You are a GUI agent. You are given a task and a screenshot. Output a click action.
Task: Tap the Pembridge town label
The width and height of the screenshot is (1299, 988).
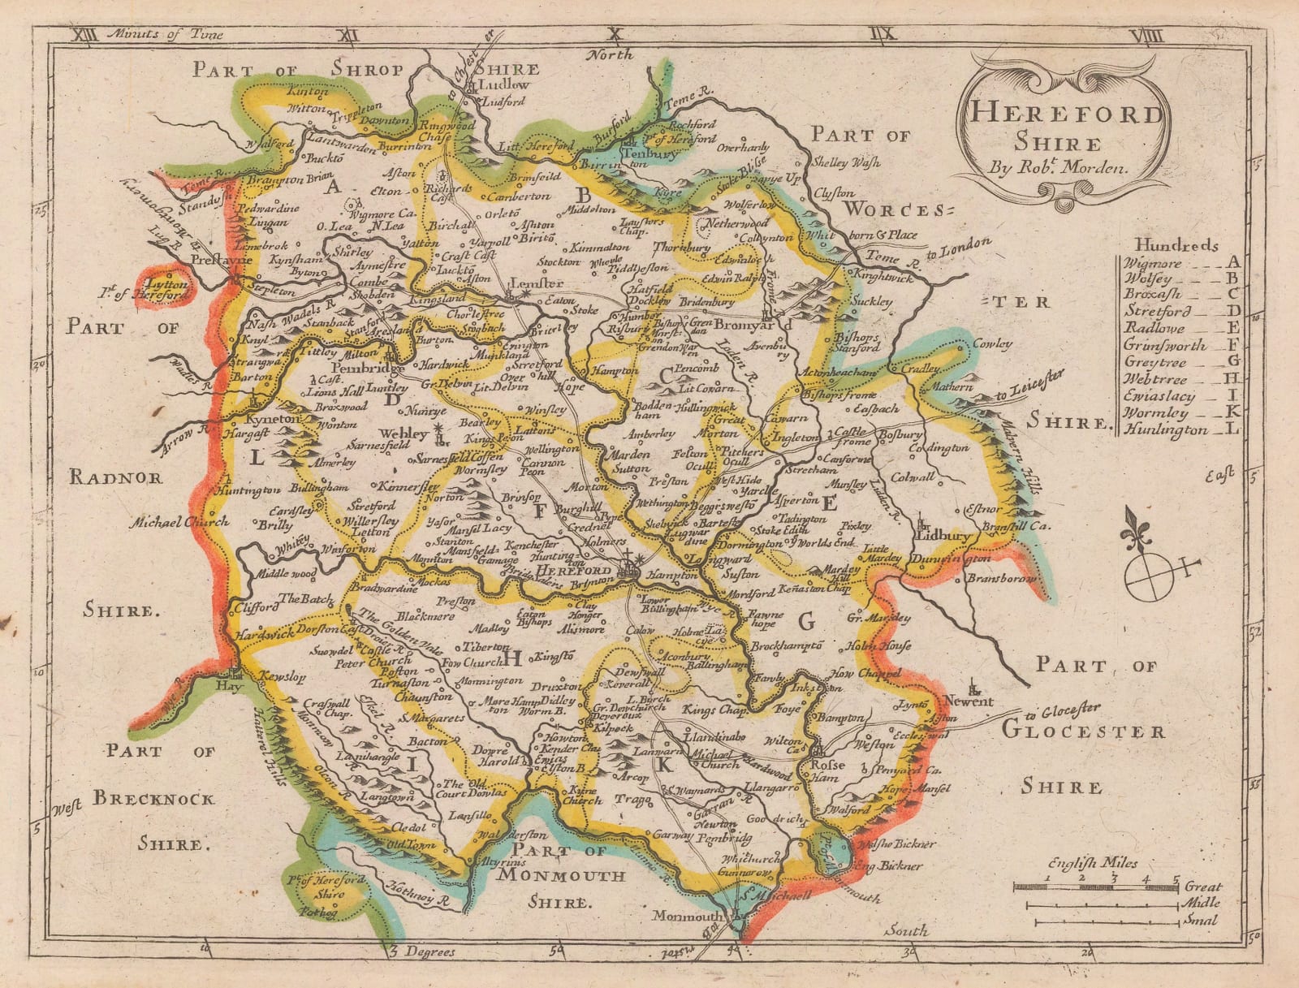click(355, 368)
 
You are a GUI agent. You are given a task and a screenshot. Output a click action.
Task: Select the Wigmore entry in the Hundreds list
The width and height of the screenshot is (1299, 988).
click(1154, 262)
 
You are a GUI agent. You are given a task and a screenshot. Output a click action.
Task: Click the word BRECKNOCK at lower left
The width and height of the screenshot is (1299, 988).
click(154, 799)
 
